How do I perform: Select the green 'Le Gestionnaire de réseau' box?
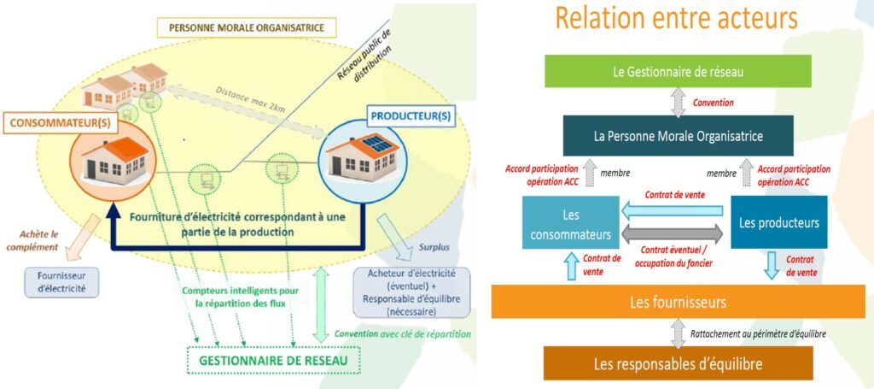[678, 71]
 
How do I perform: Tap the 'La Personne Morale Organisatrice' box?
[678, 135]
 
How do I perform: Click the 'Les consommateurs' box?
[570, 223]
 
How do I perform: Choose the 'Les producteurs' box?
[778, 223]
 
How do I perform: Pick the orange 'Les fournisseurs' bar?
[678, 301]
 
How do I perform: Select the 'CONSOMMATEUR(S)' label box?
[52, 122]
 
